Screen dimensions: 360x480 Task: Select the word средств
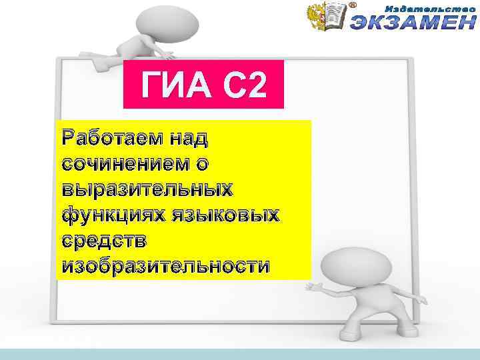pyautogui.click(x=103, y=241)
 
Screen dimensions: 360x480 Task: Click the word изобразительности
pyautogui.click(x=166, y=266)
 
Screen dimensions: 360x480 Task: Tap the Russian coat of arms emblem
pyautogui.click(x=318, y=16)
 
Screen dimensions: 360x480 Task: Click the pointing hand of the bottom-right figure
pyautogui.click(x=311, y=286)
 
